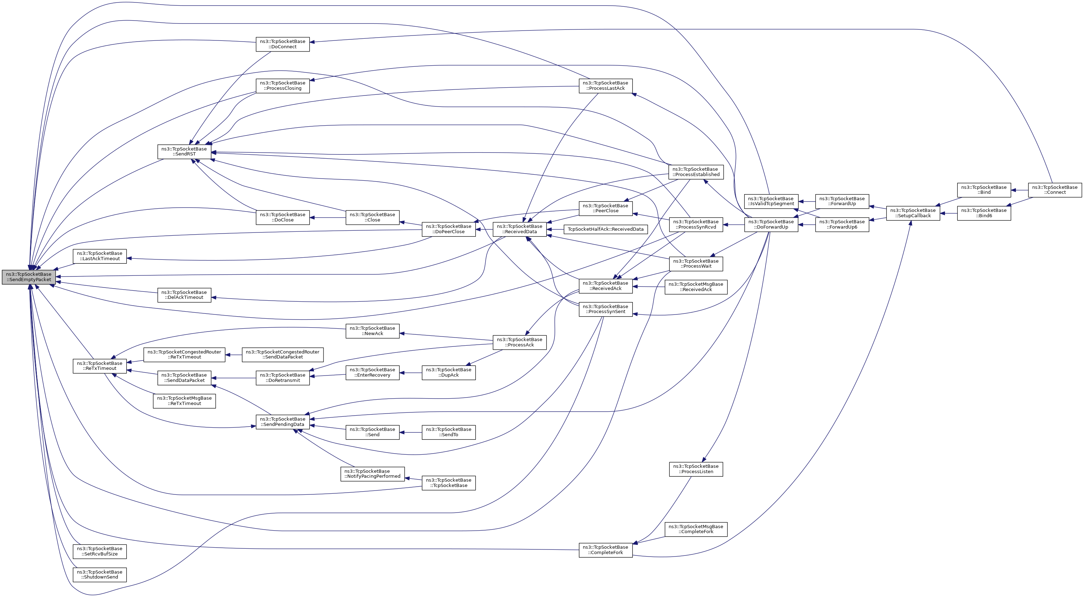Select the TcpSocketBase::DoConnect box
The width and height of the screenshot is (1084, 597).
282,44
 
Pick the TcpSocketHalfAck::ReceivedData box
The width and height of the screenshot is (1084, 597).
605,229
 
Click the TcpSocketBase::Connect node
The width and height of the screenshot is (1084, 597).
1055,190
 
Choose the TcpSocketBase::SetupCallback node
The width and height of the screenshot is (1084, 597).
913,213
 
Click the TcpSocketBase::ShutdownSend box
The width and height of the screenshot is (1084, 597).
99,574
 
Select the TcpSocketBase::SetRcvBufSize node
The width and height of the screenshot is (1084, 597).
99,551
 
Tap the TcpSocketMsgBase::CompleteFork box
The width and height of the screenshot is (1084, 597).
696,529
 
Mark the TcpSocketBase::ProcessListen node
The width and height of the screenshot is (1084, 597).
696,469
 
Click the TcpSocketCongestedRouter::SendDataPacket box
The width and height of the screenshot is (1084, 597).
282,355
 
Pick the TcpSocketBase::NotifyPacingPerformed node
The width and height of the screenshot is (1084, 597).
372,473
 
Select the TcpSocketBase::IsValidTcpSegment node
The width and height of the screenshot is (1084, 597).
771,201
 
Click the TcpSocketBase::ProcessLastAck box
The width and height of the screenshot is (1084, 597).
605,86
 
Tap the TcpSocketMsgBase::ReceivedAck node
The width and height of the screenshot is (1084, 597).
696,287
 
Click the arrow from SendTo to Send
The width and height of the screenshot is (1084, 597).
410,432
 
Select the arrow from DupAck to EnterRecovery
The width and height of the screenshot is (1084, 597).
410,373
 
